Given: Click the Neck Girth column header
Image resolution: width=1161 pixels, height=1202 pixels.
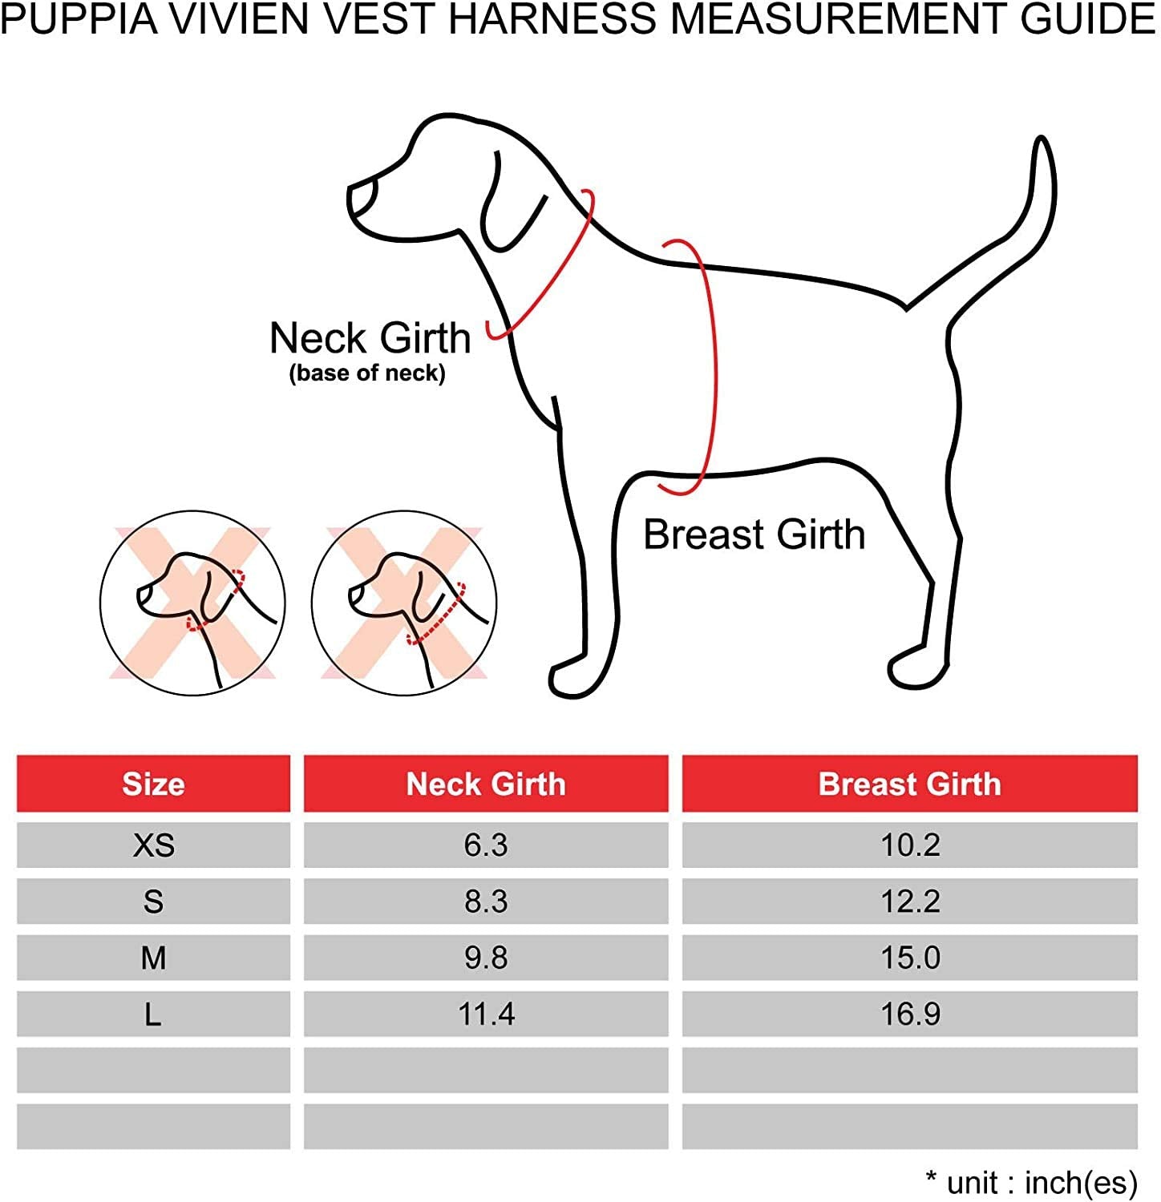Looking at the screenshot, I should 486,784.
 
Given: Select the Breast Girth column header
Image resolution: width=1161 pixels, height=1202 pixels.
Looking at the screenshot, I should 909,784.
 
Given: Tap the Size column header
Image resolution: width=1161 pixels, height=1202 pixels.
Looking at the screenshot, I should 153,784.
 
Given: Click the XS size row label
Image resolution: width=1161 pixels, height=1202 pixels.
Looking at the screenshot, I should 153,845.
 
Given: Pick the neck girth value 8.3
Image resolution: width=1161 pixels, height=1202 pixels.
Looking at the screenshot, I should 486,901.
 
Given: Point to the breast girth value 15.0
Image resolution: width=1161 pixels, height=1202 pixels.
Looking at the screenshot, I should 910,958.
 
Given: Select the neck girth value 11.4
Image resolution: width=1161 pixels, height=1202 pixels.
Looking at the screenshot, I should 486,1014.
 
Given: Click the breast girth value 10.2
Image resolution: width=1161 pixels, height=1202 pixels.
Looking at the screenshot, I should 910,845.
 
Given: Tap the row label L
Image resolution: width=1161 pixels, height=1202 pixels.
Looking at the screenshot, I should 153,1014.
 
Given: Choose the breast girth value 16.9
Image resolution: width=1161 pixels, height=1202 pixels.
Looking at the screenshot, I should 910,1014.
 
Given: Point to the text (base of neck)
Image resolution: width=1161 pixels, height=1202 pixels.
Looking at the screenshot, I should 367,373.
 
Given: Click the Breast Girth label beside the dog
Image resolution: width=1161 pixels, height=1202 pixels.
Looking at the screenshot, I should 754,534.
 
